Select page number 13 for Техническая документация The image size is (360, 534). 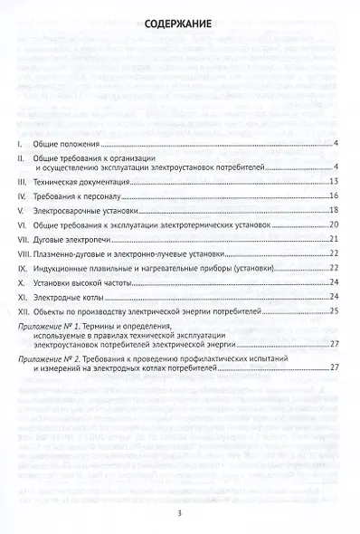click(x=333, y=182)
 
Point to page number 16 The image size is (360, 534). click(x=333, y=195)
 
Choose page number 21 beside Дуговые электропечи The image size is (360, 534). click(x=333, y=239)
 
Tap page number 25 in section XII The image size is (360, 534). click(x=333, y=311)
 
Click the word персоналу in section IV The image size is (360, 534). click(x=105, y=195)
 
